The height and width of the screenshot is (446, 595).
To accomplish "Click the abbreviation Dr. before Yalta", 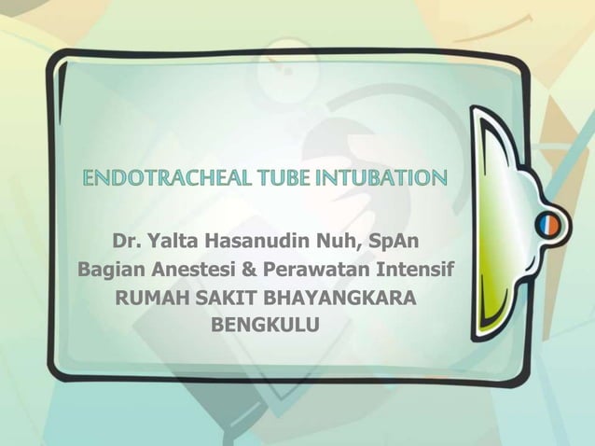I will pos(127,244).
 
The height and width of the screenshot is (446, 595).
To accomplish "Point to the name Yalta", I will pos(173,244).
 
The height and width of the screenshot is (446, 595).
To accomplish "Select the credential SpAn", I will pos(394,244).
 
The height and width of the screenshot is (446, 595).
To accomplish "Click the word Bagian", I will pos(107,272).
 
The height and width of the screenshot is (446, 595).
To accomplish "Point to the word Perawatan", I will pos(299,272).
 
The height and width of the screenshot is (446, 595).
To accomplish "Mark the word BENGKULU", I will pos(266,328).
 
